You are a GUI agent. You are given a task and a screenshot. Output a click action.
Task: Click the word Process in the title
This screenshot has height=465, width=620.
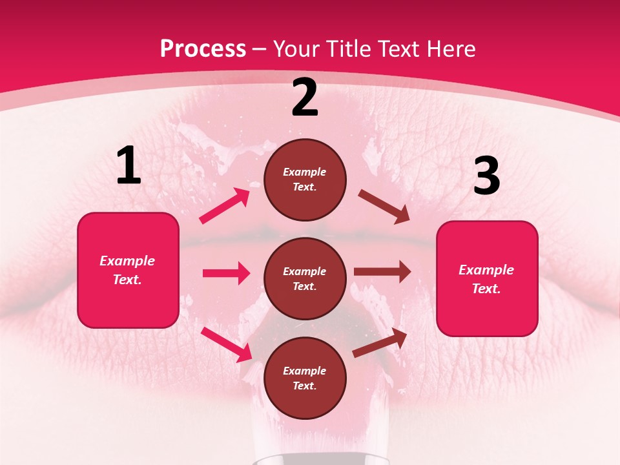203,49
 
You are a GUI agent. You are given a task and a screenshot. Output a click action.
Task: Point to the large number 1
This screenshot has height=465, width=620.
129,166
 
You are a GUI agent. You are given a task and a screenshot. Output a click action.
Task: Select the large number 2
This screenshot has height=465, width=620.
305,98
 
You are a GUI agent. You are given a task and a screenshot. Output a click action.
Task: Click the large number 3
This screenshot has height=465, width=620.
486,177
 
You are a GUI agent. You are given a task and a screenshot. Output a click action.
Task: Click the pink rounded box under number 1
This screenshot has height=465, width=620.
128,270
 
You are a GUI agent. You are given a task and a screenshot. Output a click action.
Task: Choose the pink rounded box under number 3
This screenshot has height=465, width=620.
487,279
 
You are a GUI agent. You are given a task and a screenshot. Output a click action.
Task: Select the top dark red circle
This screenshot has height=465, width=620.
305,180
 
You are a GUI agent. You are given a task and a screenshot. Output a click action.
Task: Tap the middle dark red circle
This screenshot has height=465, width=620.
305,278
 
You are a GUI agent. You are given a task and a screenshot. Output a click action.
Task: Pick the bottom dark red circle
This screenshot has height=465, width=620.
305,378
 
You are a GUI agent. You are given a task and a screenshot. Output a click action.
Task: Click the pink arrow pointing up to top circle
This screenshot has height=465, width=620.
225,206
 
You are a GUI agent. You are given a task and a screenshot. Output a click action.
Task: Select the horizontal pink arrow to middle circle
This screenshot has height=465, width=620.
226,273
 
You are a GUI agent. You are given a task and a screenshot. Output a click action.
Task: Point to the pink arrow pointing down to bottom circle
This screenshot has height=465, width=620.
227,344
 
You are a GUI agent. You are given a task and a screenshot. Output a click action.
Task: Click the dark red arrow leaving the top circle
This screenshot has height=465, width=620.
384,207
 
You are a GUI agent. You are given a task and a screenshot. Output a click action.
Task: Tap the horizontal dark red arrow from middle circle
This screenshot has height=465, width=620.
382,271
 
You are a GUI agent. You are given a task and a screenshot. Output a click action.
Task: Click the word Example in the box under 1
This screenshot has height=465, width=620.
127,261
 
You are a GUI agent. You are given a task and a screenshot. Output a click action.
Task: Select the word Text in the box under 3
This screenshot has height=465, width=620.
486,289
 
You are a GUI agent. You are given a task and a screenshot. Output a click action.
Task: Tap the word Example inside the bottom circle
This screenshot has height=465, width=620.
305,371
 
